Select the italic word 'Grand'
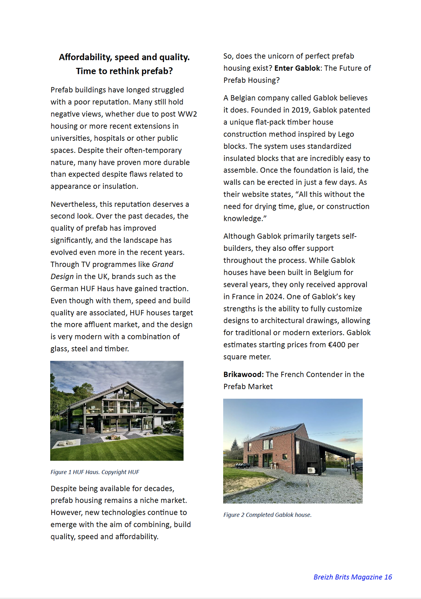click(x=162, y=264)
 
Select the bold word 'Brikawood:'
click(x=244, y=374)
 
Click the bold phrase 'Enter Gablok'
click(x=297, y=68)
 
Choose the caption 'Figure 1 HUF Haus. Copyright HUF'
click(x=95, y=472)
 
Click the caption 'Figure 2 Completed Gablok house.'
click(x=267, y=515)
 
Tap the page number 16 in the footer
click(x=388, y=577)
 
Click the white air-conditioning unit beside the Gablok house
click(x=311, y=470)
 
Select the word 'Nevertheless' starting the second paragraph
click(x=74, y=204)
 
